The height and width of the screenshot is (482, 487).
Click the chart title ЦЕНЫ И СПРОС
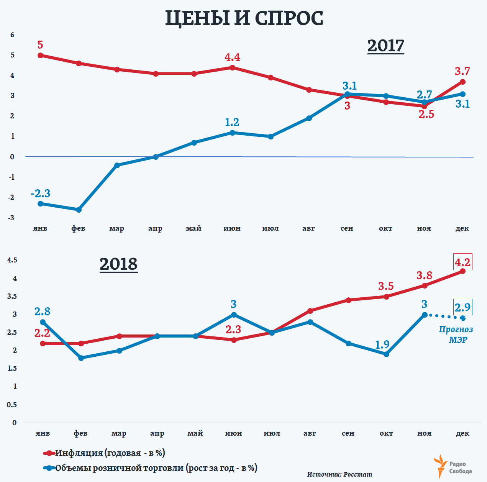(244, 18)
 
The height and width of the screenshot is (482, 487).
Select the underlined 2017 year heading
(385, 46)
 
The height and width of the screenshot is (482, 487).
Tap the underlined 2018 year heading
(118, 264)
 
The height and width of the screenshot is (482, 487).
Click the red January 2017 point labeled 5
(40, 56)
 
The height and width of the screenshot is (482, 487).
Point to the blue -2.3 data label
(41, 193)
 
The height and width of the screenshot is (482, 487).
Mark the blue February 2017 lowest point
(79, 210)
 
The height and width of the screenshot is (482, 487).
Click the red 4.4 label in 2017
(232, 57)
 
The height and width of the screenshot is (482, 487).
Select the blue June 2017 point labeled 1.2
(232, 133)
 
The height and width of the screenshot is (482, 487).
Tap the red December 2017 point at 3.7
(462, 82)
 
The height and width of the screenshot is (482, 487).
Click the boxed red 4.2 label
(462, 262)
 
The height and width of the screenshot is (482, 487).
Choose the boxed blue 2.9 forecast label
(462, 307)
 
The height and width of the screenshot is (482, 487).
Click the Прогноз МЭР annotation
(456, 334)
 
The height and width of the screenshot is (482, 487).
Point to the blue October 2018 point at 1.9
(386, 354)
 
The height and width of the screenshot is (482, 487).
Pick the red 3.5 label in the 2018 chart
(386, 286)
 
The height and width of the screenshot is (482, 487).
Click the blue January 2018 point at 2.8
(43, 322)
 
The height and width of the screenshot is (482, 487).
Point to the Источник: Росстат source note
(339, 474)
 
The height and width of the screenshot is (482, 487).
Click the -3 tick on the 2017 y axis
(12, 218)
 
